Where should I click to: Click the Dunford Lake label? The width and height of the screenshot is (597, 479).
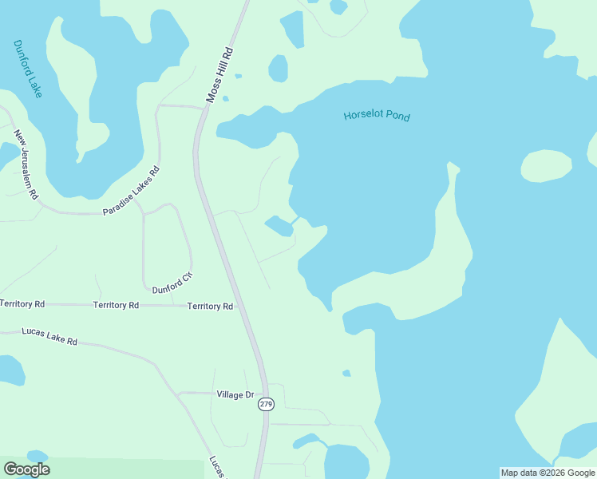(28, 69)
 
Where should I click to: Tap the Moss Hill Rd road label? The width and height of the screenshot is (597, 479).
(219, 74)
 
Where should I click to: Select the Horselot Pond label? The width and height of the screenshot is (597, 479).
(377, 116)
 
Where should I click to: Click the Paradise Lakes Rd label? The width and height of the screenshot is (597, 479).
(132, 191)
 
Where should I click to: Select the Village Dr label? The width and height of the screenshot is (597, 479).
(235, 394)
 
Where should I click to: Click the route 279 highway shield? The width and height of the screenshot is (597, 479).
(267, 405)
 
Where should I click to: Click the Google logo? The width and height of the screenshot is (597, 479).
(26, 469)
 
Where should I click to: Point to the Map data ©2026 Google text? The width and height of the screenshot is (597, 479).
(548, 473)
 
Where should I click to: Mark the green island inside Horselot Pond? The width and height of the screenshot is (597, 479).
(546, 166)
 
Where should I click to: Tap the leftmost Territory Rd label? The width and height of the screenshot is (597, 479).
(22, 304)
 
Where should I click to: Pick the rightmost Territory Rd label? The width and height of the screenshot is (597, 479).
(210, 307)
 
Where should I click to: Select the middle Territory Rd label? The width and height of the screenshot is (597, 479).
(116, 305)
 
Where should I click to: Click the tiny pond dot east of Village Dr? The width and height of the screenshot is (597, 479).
(346, 373)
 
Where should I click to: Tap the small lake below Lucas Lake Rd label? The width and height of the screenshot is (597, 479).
(11, 370)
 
